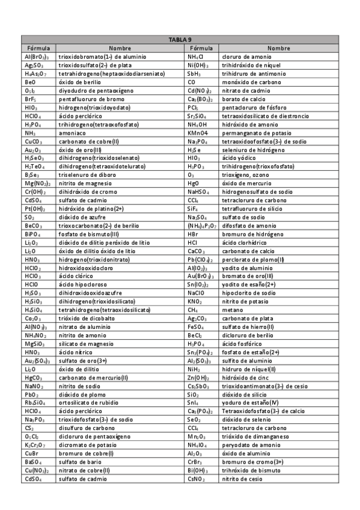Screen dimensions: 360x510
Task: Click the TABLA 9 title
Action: pos(180,40)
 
